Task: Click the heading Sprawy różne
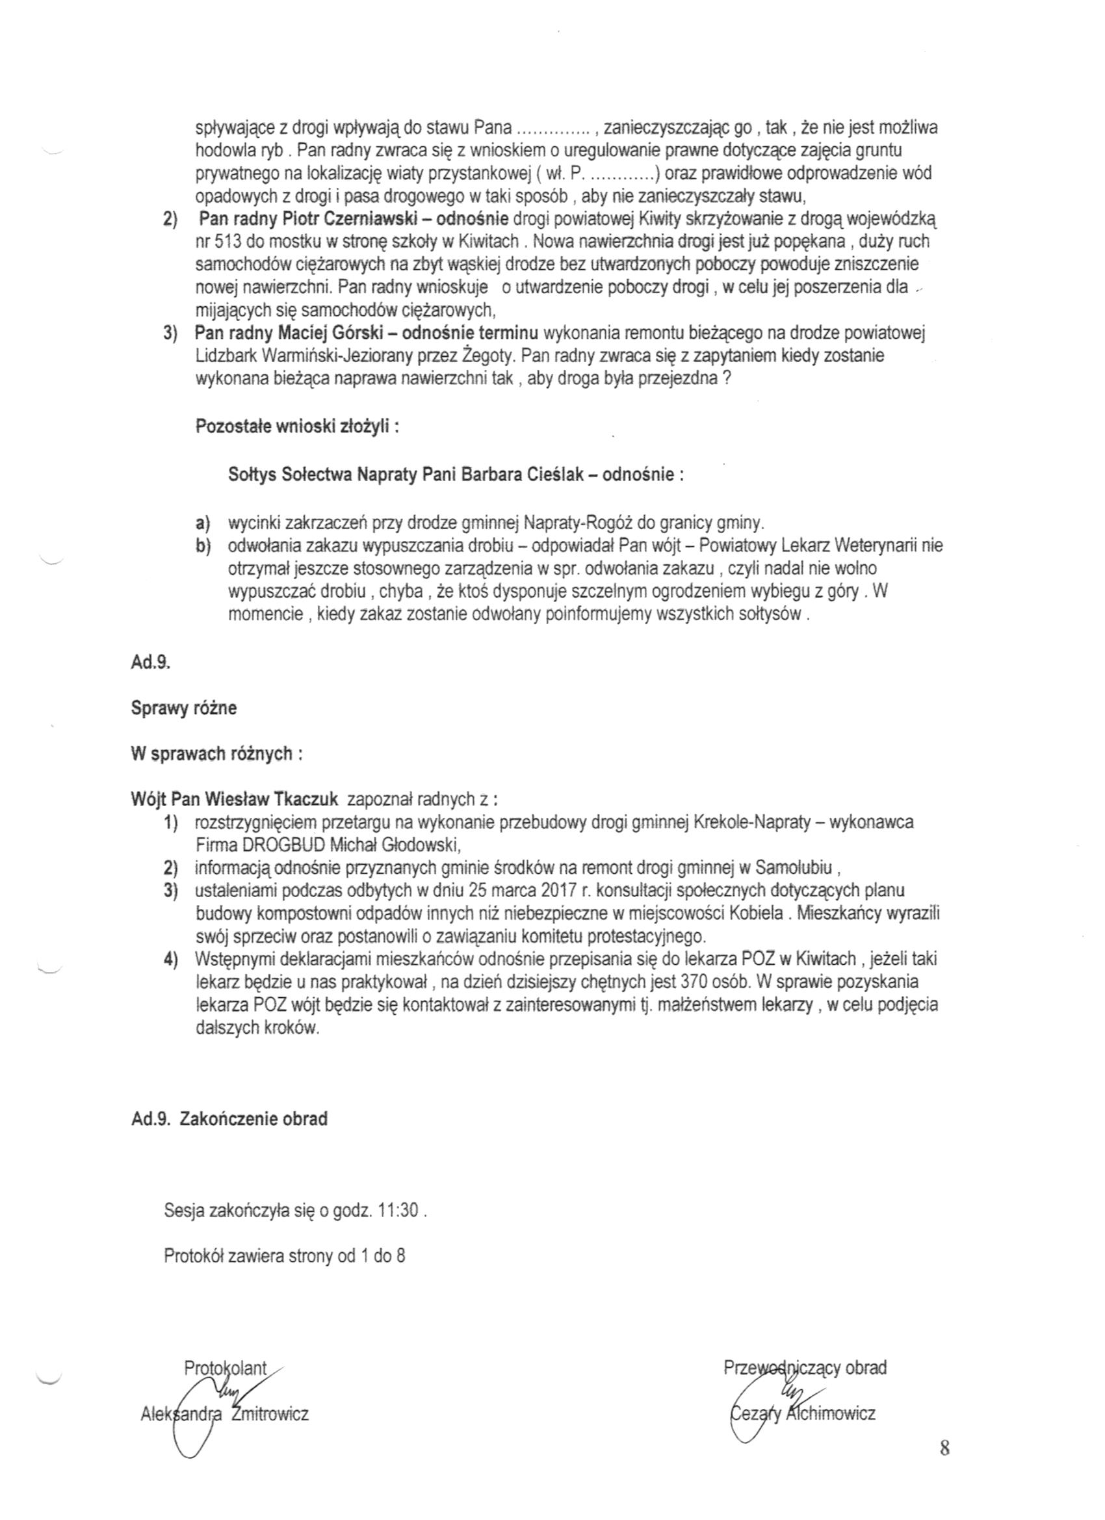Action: click(183, 708)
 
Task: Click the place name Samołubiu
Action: click(794, 868)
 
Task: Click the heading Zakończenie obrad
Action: click(254, 1120)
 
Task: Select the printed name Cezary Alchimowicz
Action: click(801, 1413)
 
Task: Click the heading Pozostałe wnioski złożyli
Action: click(297, 427)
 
